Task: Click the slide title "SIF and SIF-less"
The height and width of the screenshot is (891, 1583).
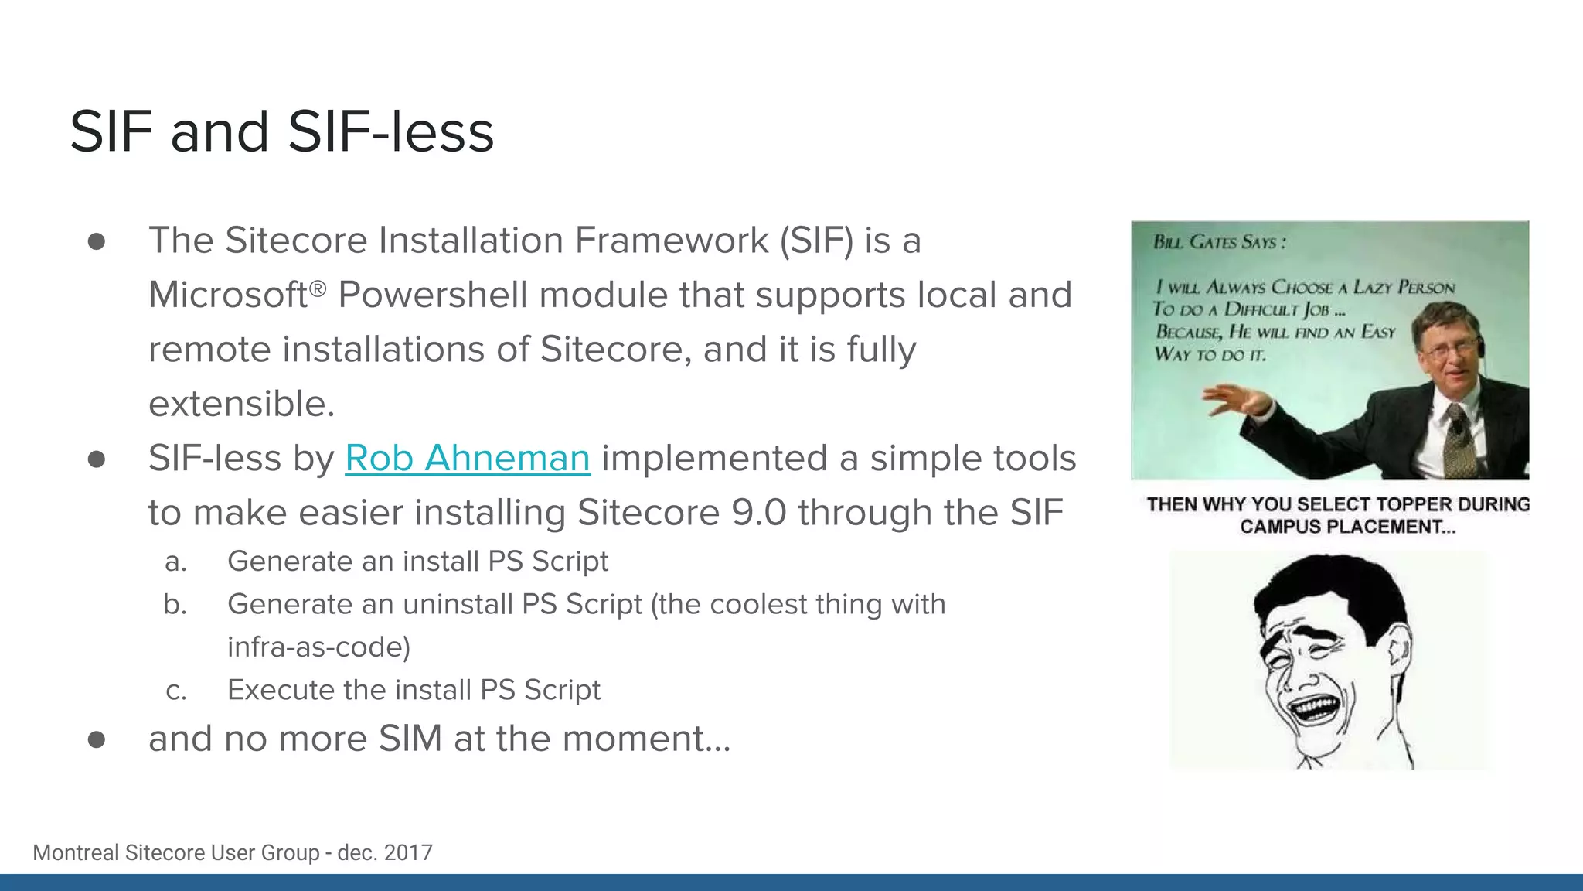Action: click(281, 131)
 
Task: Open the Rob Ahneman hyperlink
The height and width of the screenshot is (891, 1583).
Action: click(467, 458)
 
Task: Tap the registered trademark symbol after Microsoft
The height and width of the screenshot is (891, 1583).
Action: click(318, 288)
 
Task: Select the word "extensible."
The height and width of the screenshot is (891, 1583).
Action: click(241, 404)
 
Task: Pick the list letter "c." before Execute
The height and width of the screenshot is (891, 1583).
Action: click(176, 691)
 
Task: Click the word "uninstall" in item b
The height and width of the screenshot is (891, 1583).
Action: click(457, 604)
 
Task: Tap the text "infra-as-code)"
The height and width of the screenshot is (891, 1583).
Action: click(318, 647)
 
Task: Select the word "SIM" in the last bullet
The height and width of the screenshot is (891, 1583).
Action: click(410, 739)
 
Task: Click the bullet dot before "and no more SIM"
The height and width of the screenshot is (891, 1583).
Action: click(97, 740)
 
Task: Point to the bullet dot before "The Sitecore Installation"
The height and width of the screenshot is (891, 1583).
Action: click(97, 241)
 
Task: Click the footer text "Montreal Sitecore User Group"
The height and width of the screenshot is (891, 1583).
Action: click(175, 852)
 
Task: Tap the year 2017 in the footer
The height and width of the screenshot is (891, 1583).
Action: click(408, 852)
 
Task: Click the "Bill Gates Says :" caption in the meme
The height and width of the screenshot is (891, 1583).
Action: click(1219, 242)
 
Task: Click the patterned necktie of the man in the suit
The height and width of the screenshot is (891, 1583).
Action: click(1458, 441)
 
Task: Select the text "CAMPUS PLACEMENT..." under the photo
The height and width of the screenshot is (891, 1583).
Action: click(1347, 527)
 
